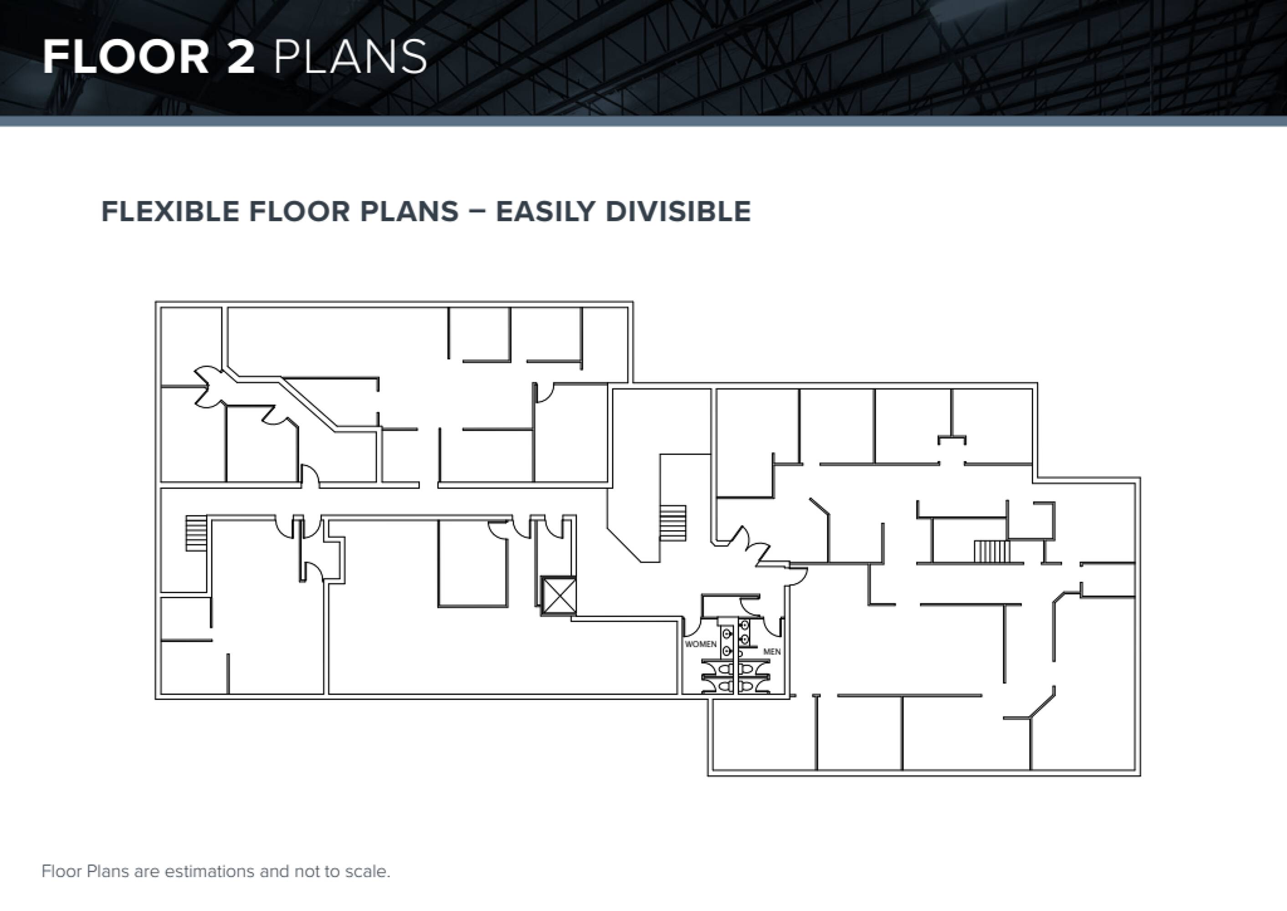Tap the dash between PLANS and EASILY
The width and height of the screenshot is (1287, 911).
pos(477,212)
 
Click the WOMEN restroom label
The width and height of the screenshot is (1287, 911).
pos(701,644)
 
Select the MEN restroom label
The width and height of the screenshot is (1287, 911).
pos(772,652)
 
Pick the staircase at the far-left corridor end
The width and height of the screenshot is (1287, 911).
pos(196,533)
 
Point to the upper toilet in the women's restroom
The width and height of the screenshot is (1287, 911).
pos(726,669)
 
